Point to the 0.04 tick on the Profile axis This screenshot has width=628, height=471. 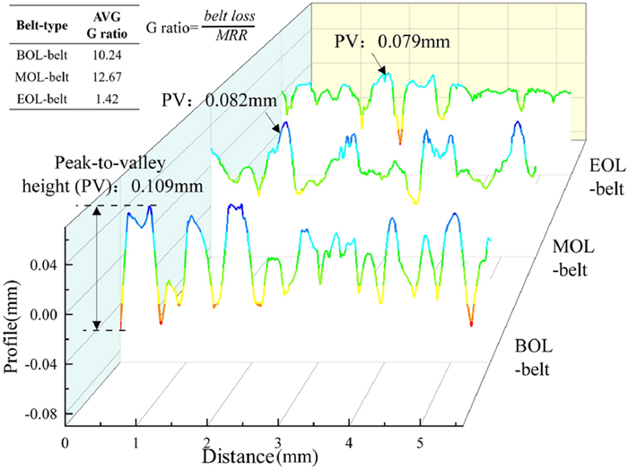(44, 265)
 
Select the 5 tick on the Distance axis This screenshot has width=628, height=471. (419, 443)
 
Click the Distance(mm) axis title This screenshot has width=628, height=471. (254, 457)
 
